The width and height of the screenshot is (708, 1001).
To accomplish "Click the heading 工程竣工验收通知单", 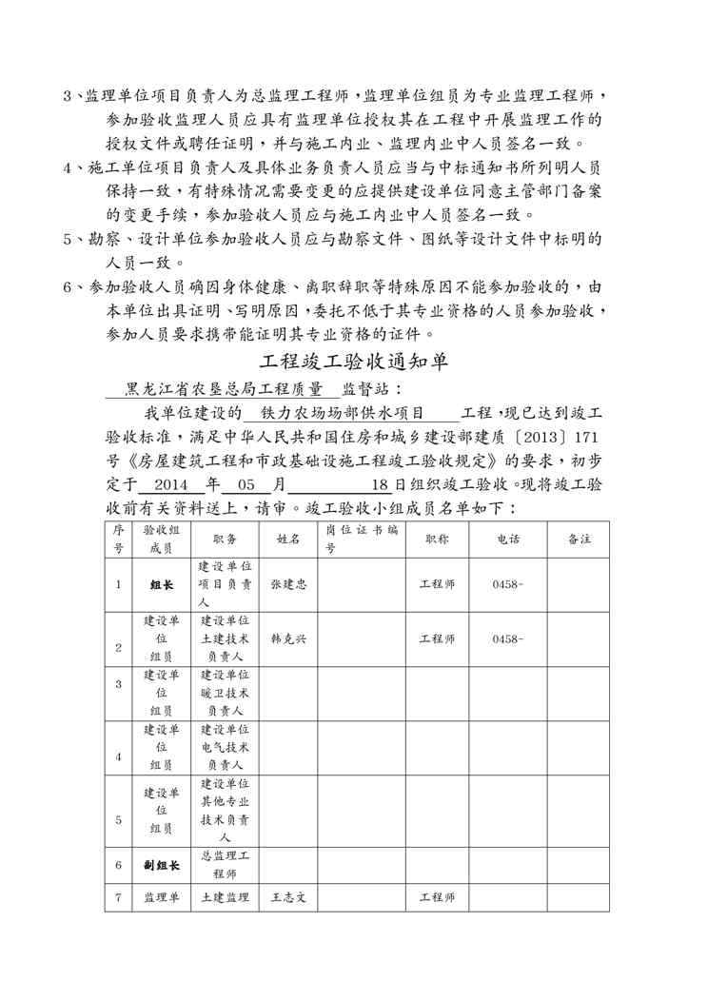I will point(354,363).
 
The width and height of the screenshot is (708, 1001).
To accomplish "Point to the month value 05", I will point(249,484).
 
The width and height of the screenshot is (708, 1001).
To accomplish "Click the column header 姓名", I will point(288,539).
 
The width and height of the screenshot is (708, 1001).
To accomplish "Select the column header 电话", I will point(508,539).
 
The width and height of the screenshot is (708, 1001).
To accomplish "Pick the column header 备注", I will point(579,539).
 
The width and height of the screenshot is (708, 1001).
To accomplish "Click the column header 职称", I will point(438,539).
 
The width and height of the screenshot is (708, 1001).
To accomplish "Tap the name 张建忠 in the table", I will point(288,583).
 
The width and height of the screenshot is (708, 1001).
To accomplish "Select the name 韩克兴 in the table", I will point(288,638).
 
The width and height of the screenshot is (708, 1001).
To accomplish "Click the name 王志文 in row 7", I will point(288,897).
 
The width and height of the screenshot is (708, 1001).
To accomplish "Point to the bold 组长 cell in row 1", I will point(162,584).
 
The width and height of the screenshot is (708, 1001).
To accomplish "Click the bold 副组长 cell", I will point(162,866).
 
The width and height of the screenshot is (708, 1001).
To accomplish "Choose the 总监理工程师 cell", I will point(226,865).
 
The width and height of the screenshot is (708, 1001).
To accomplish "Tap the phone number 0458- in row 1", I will point(508,583).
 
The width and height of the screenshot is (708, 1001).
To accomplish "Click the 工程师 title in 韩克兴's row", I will point(438,638).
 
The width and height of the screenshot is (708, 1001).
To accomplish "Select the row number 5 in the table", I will point(118,818).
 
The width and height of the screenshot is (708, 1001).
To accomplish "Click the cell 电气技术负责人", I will point(226,747).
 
